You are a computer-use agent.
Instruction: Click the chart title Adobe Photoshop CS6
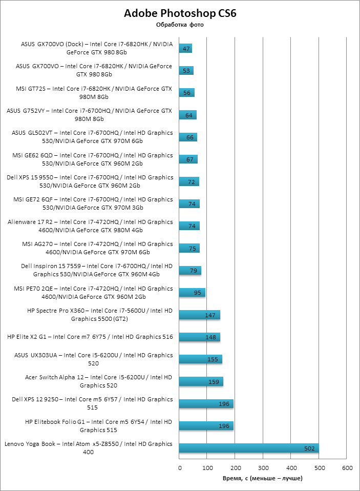(x=180, y=14)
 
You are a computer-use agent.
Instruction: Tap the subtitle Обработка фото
(x=180, y=25)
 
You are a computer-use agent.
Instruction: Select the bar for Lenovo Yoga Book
(x=249, y=448)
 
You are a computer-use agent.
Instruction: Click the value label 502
(x=309, y=448)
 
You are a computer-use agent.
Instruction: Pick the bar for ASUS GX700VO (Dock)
(x=185, y=49)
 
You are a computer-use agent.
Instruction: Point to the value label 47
(x=186, y=49)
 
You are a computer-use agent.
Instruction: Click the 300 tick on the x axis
(x=263, y=468)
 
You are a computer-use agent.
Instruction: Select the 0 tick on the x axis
(x=180, y=468)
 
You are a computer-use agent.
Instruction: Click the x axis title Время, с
(x=263, y=478)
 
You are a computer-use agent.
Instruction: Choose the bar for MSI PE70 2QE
(x=192, y=293)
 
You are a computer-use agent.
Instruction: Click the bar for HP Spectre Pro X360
(x=200, y=315)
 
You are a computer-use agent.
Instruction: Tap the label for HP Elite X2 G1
(x=90, y=337)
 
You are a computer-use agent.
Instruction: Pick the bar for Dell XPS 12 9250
(x=206, y=404)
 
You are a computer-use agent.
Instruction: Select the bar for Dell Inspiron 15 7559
(x=190, y=271)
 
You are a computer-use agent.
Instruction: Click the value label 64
(x=189, y=115)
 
